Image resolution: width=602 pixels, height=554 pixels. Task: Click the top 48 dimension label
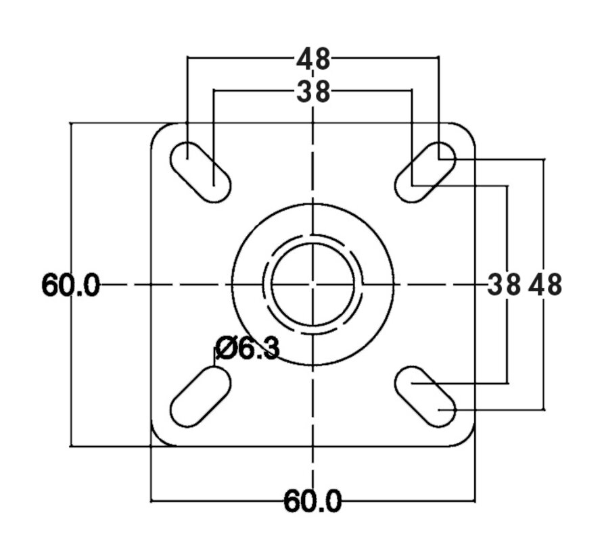point(313,58)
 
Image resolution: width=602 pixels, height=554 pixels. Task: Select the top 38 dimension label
point(313,92)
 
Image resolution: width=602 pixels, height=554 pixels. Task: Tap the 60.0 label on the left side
point(70,285)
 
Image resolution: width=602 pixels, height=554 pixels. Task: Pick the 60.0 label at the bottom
point(312,501)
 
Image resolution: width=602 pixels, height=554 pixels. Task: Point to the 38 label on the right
point(504,285)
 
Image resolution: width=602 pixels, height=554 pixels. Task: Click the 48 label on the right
point(545,285)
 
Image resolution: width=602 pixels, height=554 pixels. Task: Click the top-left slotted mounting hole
point(200,172)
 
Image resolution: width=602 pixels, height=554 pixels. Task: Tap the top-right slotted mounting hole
point(425,172)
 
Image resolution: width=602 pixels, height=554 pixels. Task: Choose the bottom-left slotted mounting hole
point(200,397)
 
